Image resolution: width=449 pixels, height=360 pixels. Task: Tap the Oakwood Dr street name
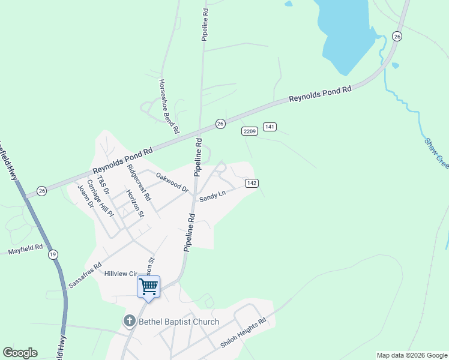coord(172,182)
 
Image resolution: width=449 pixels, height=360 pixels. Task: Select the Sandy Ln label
coord(212,194)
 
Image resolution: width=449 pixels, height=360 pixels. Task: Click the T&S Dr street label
coord(103,187)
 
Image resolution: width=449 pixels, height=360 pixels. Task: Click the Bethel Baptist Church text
coord(179,322)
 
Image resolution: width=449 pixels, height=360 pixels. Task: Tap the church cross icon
coord(129,322)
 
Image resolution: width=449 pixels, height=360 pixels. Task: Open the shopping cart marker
coord(148,286)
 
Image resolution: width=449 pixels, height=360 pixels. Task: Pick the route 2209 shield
coord(250,131)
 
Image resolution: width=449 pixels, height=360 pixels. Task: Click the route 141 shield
coord(270,127)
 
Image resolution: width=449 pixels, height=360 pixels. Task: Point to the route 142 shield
coord(252,182)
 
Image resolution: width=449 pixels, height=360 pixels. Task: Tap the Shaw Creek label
coord(436,152)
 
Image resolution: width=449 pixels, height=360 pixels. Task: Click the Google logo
coord(20,353)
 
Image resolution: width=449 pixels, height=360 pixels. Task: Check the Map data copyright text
coord(411,355)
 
